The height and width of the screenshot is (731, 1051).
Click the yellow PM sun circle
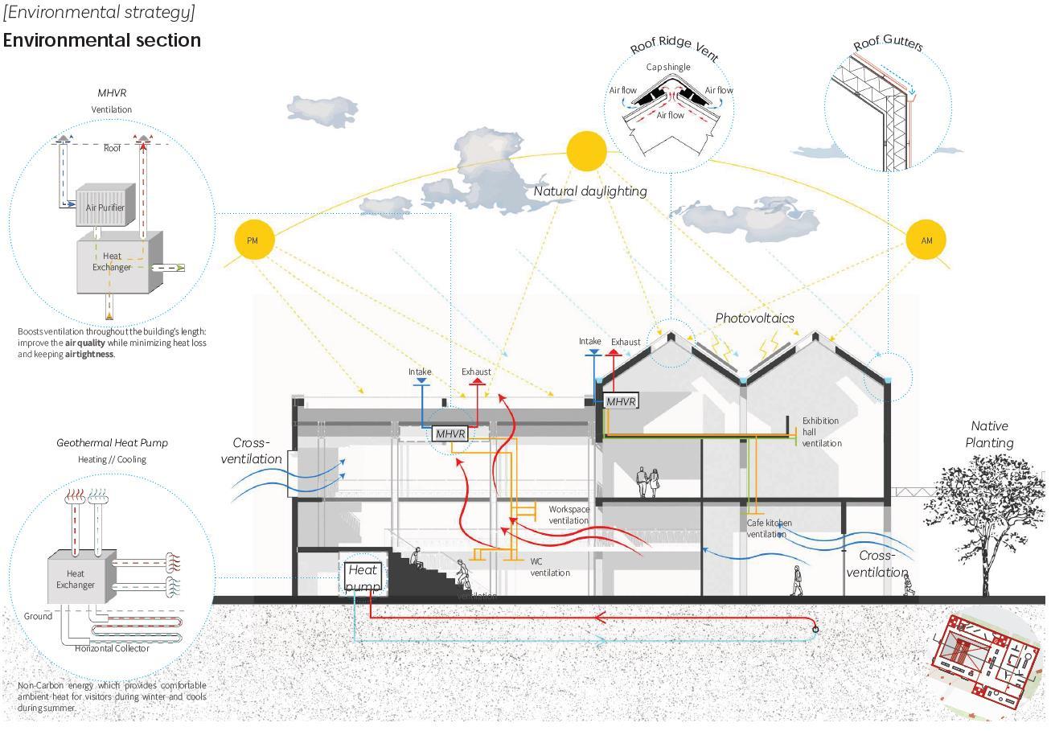point(254,240)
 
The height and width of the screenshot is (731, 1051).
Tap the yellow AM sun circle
point(926,240)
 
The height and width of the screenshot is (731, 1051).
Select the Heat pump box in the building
point(361,577)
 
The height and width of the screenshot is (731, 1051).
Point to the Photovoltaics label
point(754,318)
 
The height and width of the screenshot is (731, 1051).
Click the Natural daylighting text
point(590,191)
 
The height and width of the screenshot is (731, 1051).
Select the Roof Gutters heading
point(888,43)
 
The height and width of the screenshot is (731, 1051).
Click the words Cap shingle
point(667,67)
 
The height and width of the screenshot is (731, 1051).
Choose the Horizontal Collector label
point(112,648)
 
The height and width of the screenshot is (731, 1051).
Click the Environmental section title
point(102,40)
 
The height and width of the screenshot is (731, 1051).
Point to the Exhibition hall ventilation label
point(821,432)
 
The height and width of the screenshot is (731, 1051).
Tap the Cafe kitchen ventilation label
point(769,528)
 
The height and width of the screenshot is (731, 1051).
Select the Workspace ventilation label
point(569,515)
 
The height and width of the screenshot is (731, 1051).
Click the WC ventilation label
point(550,567)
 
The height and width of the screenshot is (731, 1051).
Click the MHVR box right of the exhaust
point(621,401)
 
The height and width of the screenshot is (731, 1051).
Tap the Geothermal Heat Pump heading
point(112,443)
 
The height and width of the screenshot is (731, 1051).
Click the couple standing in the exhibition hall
point(649,482)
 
